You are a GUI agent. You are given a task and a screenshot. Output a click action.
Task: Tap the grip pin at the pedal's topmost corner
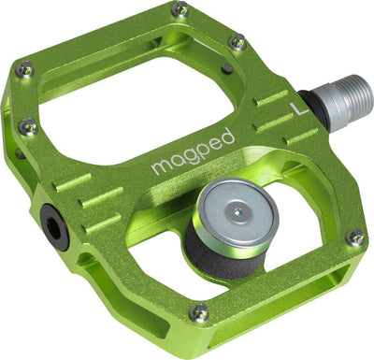click(180, 11)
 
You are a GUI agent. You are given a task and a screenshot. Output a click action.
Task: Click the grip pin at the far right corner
click(354, 238)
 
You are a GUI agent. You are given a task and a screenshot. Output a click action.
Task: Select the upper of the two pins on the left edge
click(25, 69)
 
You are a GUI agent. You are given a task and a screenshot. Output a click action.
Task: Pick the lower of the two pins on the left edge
click(30, 126)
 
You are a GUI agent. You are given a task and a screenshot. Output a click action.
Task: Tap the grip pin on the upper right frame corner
click(237, 42)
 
